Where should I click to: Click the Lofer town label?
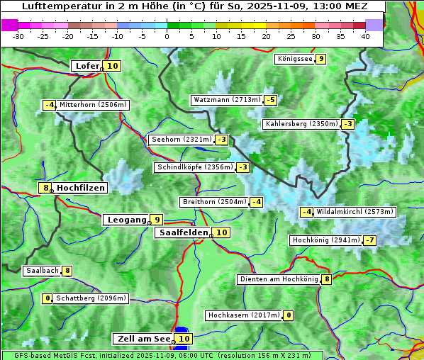tap(87, 66)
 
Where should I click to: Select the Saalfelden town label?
tap(183, 232)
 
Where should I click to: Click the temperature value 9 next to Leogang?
tap(156, 220)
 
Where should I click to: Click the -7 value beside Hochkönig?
tap(370, 240)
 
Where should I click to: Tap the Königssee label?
tap(294, 59)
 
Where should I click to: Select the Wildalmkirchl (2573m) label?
tap(355, 212)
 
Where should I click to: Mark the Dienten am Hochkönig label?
tap(279, 279)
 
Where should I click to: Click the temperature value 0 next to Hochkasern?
tap(288, 315)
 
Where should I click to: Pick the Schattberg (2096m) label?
tap(91, 298)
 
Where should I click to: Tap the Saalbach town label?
tap(42, 271)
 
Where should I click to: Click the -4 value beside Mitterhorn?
tap(49, 105)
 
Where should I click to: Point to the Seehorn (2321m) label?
tap(182, 140)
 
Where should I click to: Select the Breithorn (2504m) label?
tap(213, 202)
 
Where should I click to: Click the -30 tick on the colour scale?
tap(18, 35)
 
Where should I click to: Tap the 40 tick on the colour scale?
tap(365, 35)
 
